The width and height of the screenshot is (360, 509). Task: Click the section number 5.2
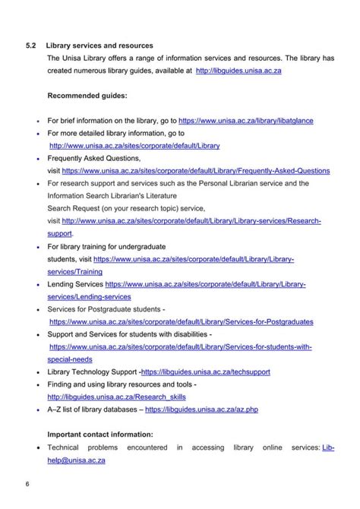coord(31,46)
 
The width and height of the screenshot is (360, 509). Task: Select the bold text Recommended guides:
coord(87,96)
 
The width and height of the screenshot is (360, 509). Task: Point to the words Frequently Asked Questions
coord(94,158)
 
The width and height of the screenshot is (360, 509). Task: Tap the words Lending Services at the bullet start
coord(75,284)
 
